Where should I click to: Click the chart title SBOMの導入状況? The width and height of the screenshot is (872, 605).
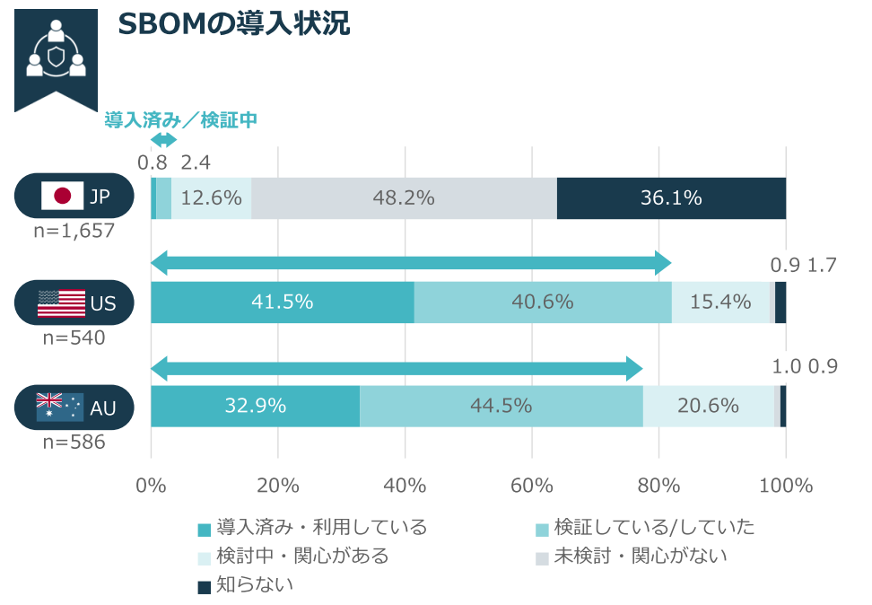[233, 24]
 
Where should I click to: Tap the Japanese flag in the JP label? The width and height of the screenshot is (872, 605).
[62, 196]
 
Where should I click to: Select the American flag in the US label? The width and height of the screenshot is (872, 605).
[61, 302]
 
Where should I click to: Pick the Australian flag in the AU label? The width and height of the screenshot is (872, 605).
[60, 407]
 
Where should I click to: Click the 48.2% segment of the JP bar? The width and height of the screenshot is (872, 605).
[404, 198]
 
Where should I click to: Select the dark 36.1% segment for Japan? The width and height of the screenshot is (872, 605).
[671, 198]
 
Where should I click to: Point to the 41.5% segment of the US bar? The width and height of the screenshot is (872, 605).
[282, 302]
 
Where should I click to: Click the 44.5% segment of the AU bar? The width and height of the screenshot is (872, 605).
[501, 406]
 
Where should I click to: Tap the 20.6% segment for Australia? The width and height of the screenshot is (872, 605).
[708, 406]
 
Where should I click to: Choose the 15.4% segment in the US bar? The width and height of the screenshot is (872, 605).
[720, 302]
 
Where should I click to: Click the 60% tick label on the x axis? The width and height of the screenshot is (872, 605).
[532, 486]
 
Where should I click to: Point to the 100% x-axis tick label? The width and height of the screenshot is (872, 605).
[786, 486]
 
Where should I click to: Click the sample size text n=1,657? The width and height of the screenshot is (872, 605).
[74, 231]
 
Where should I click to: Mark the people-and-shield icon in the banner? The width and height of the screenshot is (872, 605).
[56, 55]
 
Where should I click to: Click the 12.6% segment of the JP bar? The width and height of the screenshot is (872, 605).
[211, 198]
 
